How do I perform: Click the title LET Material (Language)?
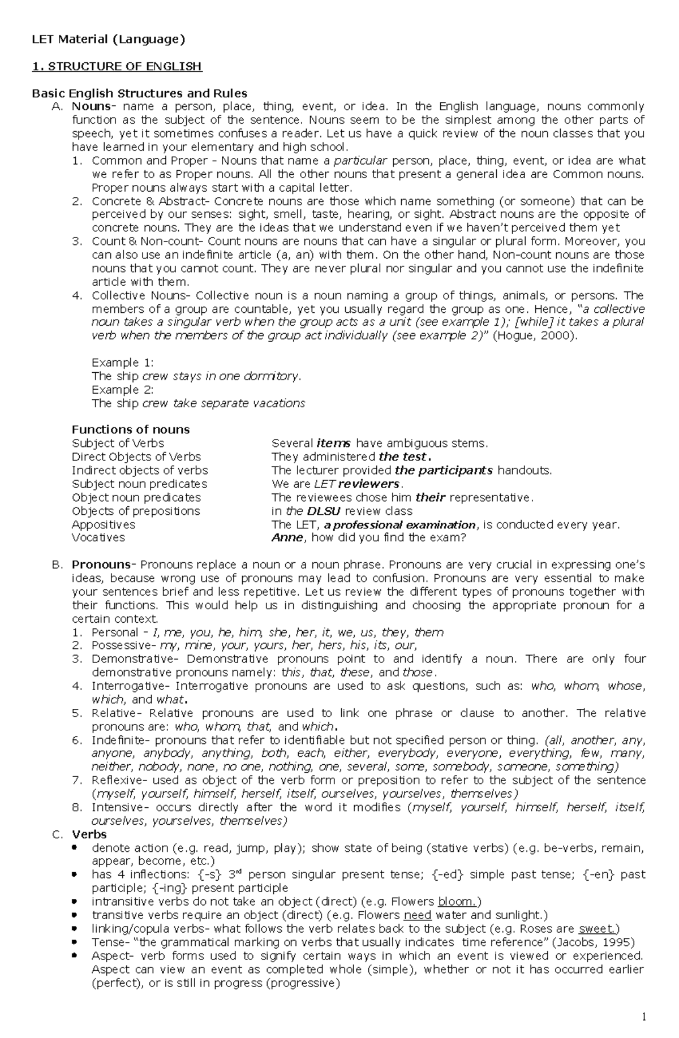point(108,39)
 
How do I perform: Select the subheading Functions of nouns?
point(131,429)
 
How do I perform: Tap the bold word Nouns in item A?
point(91,106)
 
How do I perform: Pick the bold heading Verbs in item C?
point(89,834)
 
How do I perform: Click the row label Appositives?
point(104,524)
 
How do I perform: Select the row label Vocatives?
point(98,538)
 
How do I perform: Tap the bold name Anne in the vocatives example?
point(287,538)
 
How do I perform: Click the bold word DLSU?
point(324,511)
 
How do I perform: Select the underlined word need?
point(418,915)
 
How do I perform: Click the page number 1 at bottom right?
point(644,1017)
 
